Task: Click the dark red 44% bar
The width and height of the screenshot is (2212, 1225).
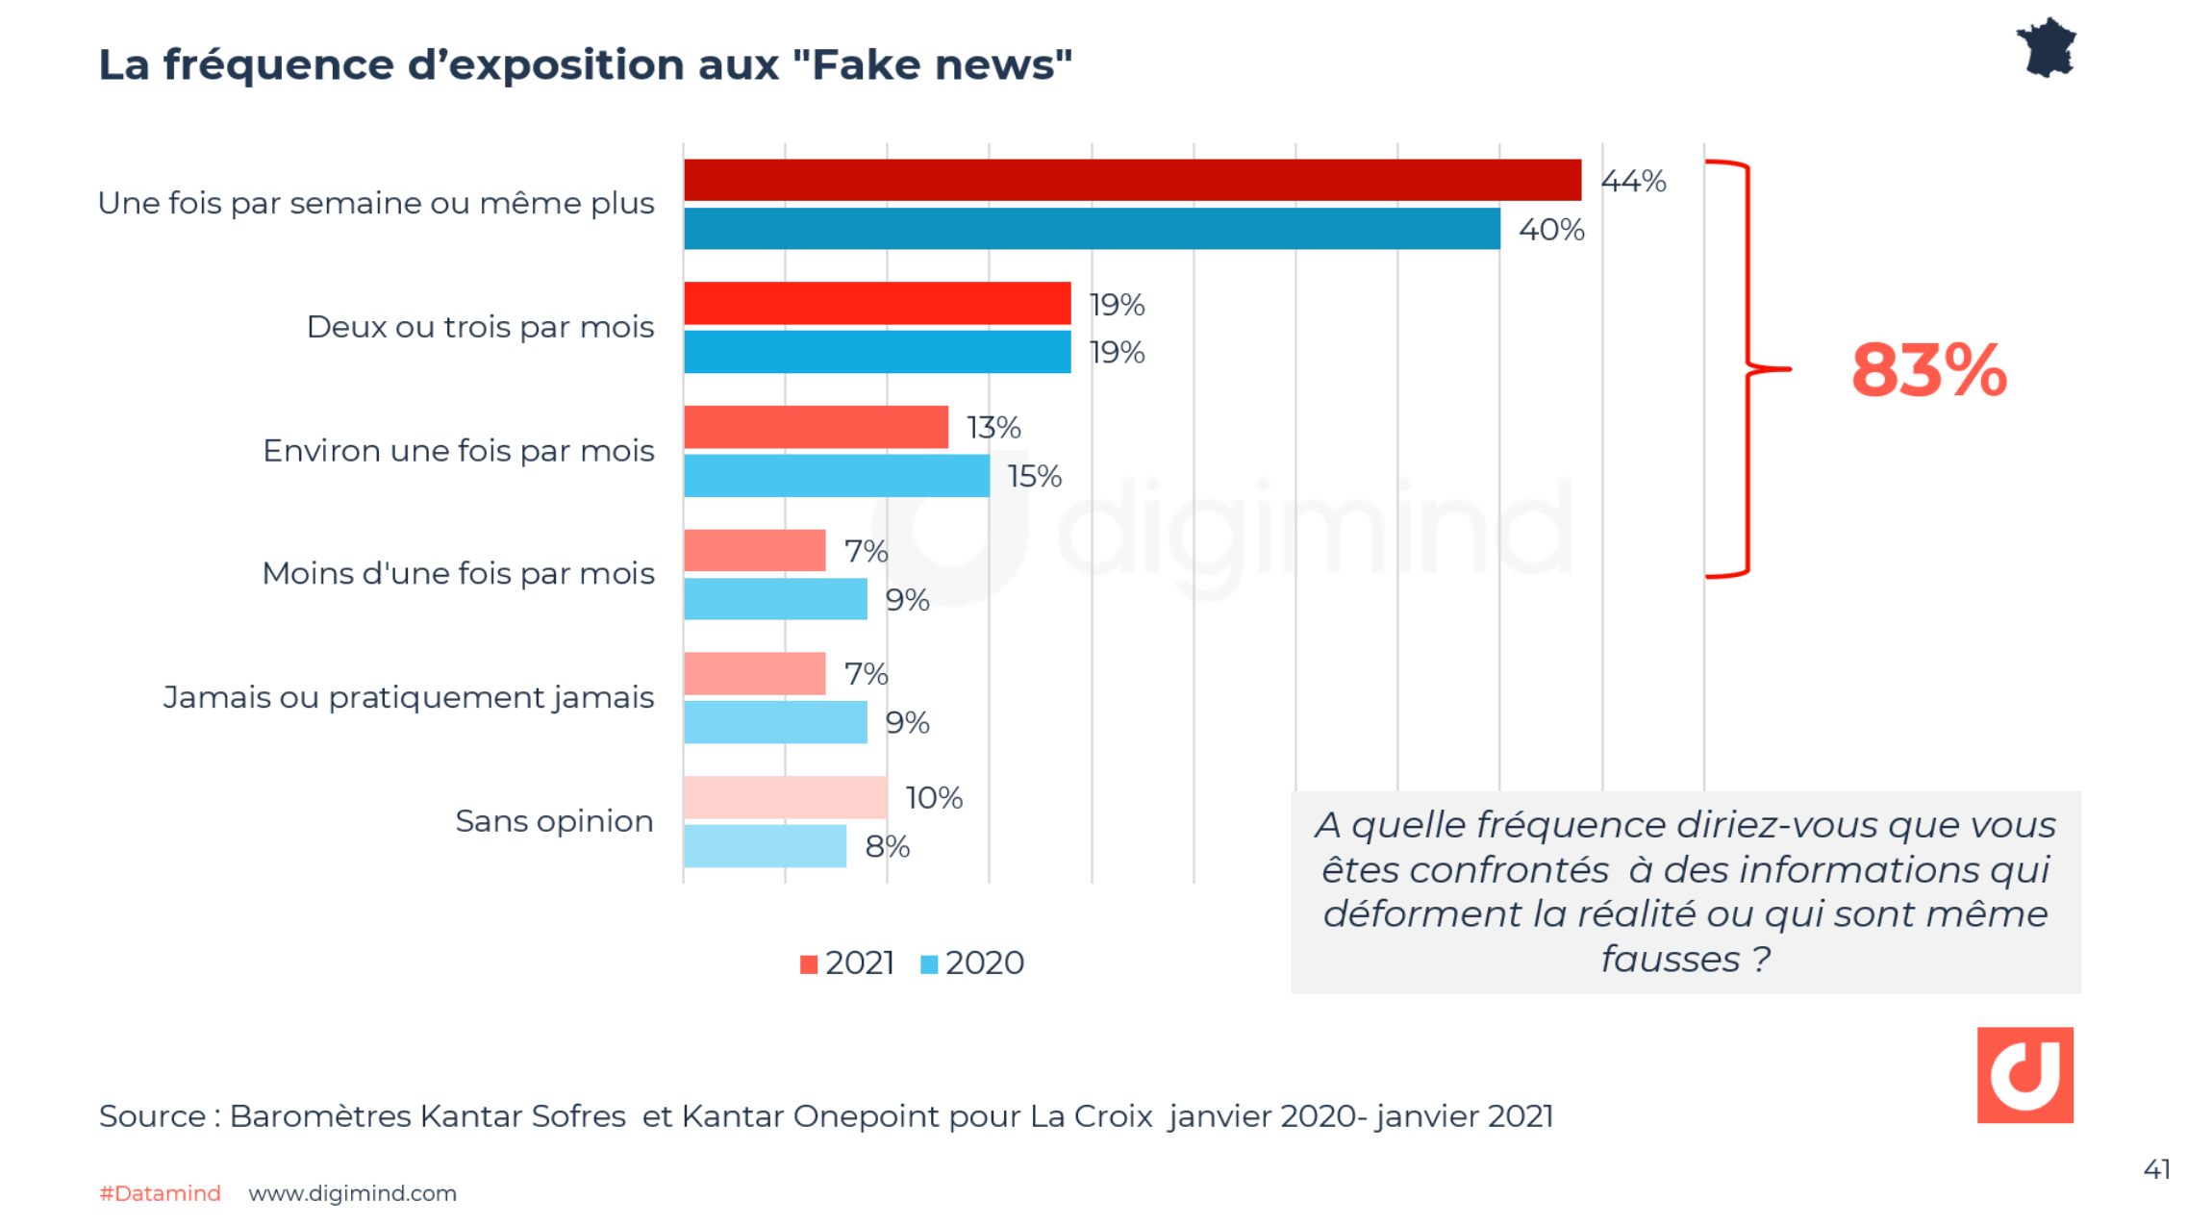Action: [x=1132, y=180]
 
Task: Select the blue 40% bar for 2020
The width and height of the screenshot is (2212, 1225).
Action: [x=1092, y=229]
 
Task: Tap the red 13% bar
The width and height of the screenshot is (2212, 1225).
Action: [x=816, y=427]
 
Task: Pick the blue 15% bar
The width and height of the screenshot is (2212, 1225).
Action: [x=837, y=476]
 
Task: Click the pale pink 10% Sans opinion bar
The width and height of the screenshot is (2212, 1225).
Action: [x=785, y=797]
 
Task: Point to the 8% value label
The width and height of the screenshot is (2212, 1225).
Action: [x=887, y=847]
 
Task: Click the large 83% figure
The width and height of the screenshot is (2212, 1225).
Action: [x=1928, y=371]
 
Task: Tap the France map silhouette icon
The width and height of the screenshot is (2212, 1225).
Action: [x=2047, y=48]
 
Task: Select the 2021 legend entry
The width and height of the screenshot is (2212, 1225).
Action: [x=847, y=963]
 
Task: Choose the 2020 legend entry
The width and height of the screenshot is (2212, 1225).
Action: [x=972, y=963]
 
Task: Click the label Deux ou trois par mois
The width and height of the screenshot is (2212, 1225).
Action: [x=480, y=328]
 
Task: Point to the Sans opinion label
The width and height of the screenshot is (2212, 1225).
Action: [x=554, y=822]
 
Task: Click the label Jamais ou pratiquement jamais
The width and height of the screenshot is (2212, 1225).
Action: [x=409, y=698]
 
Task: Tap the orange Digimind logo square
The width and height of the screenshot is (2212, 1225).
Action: [x=2024, y=1075]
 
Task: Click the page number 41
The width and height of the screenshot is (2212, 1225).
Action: [x=2156, y=1169]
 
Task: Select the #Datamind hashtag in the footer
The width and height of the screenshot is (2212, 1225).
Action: [x=160, y=1193]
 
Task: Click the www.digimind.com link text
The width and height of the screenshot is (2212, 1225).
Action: [x=352, y=1193]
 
